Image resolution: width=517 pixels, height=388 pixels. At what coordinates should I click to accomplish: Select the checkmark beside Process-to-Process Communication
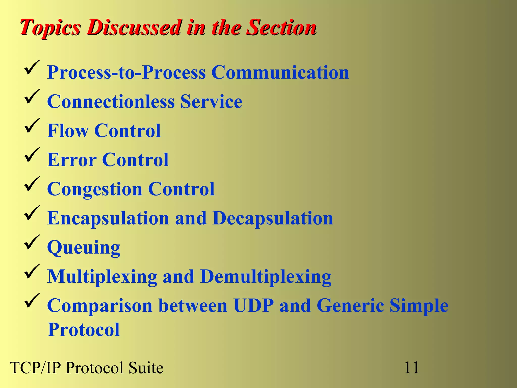32,67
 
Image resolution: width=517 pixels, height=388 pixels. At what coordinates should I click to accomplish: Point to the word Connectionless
111,102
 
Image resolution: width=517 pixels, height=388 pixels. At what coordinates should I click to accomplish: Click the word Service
211,102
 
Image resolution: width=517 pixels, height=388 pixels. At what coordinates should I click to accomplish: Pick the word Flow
68,131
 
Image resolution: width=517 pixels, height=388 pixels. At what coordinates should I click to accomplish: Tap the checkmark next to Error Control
32,155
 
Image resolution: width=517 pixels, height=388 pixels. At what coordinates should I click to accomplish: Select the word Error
72,160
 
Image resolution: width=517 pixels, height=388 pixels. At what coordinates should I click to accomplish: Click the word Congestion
95,189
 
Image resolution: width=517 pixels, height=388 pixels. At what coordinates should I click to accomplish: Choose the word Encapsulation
108,219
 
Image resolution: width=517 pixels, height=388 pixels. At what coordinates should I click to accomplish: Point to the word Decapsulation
273,218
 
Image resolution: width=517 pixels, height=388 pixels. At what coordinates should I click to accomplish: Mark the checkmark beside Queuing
32,242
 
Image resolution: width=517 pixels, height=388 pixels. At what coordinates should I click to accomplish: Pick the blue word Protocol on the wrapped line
84,330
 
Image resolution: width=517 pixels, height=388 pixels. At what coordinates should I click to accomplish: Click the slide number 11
411,367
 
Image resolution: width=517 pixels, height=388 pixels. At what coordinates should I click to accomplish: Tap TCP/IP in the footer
35,368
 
